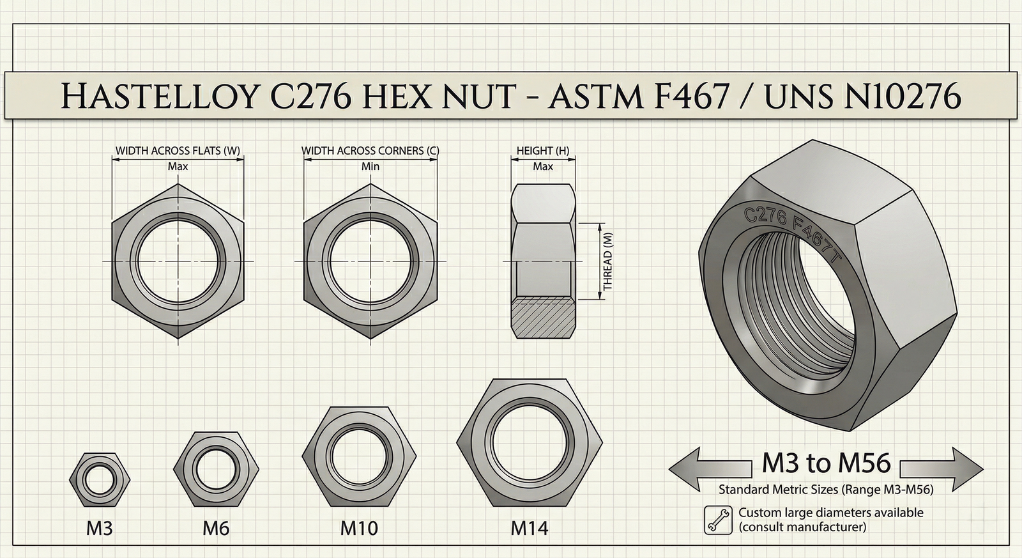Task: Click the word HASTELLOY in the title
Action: (x=160, y=97)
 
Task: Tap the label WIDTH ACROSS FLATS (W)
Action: (x=178, y=151)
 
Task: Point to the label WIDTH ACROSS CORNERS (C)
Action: (x=370, y=151)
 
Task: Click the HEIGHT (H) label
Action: (x=542, y=151)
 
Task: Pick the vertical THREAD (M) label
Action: (x=607, y=261)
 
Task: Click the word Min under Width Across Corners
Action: (x=370, y=166)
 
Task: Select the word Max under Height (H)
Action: (x=543, y=166)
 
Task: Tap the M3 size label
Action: (x=100, y=529)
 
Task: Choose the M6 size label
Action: (x=216, y=529)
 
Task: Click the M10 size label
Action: (x=359, y=529)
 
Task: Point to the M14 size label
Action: (x=530, y=529)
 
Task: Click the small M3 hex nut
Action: (x=99, y=479)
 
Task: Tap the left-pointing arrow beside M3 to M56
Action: (x=709, y=469)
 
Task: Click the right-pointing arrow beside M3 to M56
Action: (x=942, y=469)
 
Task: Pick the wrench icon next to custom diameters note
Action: (x=719, y=520)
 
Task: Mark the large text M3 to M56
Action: (x=826, y=463)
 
